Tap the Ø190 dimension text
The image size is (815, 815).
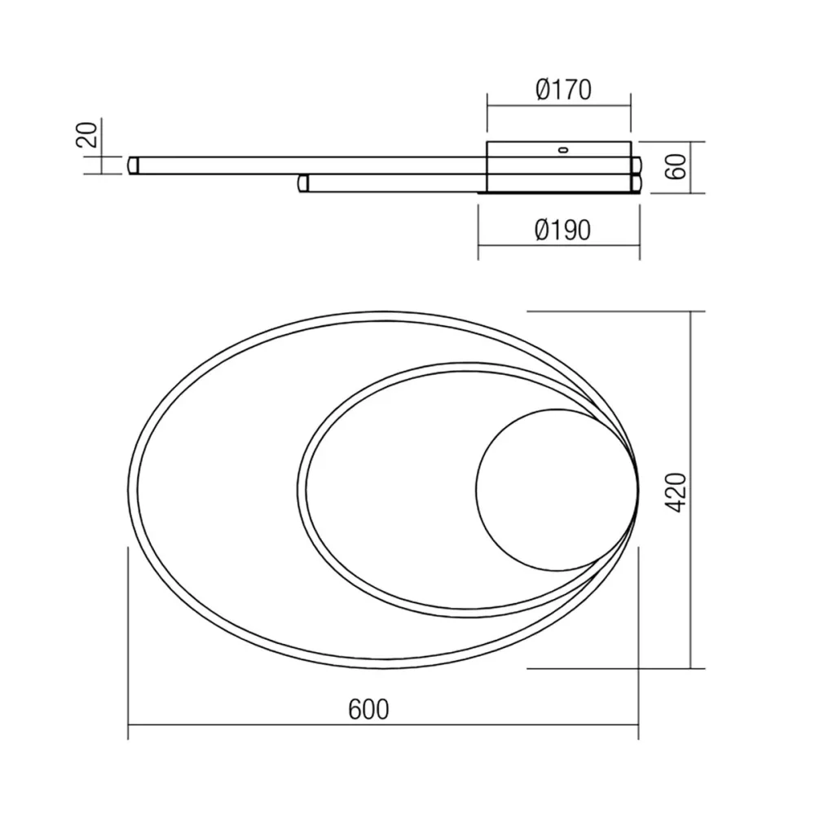pos(563,231)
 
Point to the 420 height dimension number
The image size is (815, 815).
pos(676,491)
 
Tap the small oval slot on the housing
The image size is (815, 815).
pos(562,149)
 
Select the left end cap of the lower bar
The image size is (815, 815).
pos(304,183)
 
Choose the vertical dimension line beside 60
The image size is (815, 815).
pos(691,167)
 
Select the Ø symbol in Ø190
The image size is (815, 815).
pos(544,231)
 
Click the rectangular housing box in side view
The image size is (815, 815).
pos(558,167)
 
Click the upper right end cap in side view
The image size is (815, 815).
pos(636,165)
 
